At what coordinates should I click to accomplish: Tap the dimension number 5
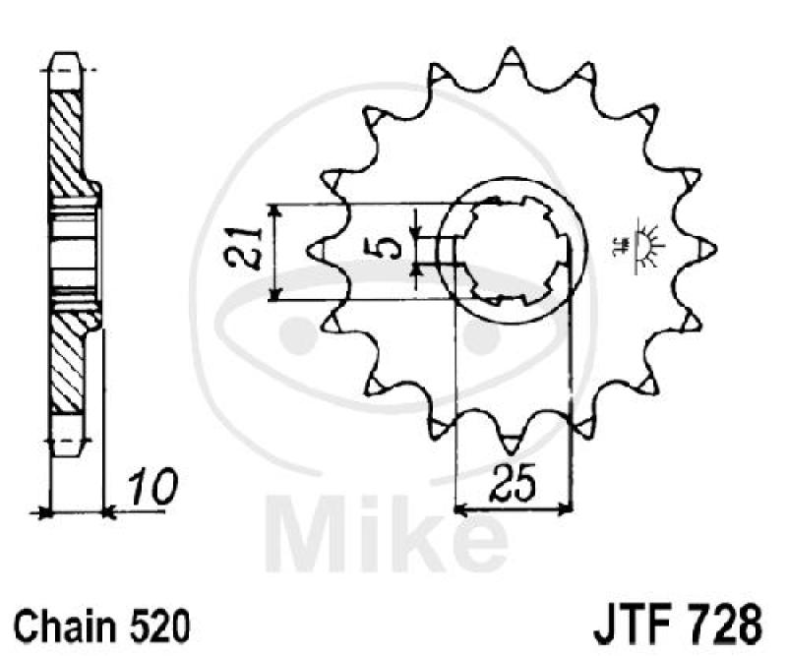pyautogui.click(x=391, y=244)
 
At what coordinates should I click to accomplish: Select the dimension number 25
pyautogui.click(x=515, y=485)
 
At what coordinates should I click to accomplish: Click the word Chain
pyautogui.click(x=62, y=623)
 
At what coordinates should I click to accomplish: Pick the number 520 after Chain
pyautogui.click(x=151, y=623)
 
